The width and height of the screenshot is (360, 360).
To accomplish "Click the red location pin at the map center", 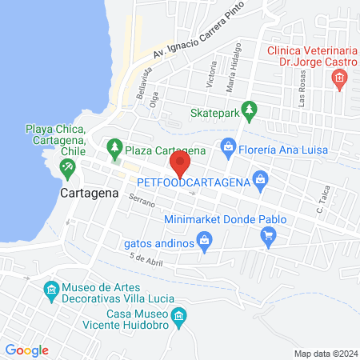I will pos(180,165).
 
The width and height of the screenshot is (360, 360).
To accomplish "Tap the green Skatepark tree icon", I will pos(250,109).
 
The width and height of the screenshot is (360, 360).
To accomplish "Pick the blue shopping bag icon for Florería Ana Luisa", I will pos(228,146).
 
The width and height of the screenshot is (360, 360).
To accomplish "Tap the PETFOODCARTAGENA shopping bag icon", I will pos(260,178).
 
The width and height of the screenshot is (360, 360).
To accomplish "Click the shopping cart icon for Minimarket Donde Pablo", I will pos(269,235).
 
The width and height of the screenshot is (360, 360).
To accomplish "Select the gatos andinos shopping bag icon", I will pos(206,239).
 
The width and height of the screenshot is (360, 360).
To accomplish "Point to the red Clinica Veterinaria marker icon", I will pos(339,78).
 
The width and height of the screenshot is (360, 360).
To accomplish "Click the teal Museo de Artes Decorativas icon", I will pos(50,288).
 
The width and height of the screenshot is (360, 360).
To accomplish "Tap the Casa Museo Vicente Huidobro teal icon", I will pos(179,318).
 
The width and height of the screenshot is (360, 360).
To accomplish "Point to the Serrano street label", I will pos(141,204).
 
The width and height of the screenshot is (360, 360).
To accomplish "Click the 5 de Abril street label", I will pos(145,259).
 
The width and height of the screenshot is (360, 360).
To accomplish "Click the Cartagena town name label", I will pos(89,194).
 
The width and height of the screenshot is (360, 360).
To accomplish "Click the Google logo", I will pos(27,350).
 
